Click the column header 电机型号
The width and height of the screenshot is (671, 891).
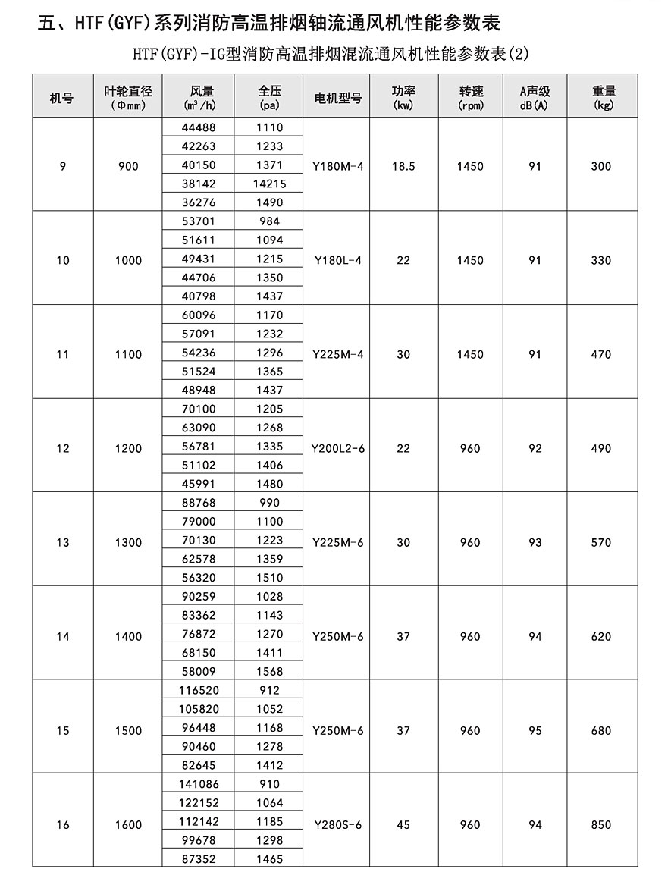[x=337, y=98]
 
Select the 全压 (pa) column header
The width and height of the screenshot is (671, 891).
[x=269, y=98]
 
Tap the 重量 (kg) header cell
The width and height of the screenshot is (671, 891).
[x=603, y=98]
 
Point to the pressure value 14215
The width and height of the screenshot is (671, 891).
[x=269, y=184]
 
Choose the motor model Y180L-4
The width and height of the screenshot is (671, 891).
[x=337, y=260]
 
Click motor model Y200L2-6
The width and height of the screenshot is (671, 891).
[x=337, y=448]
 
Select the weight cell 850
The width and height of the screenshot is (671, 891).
[x=600, y=825]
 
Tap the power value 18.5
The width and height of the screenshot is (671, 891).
[x=403, y=166]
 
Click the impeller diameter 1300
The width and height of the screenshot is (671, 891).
[x=128, y=542]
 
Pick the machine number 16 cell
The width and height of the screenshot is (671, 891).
[x=63, y=825]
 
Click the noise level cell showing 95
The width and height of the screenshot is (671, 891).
[x=535, y=731]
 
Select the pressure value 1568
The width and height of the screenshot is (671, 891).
[x=269, y=671]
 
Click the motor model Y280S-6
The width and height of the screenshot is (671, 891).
[x=337, y=825]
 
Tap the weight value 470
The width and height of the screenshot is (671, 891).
[x=600, y=354]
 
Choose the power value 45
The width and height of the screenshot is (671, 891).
[x=403, y=825]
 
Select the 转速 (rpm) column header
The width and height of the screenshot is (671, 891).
[x=470, y=98]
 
